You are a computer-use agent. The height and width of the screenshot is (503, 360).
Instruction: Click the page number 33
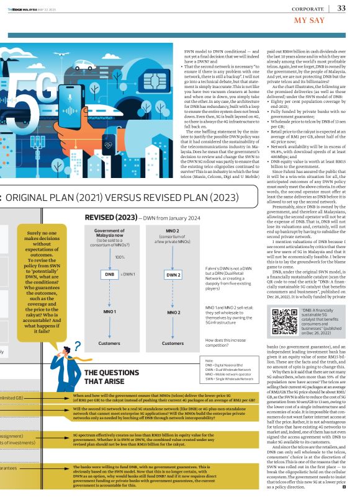point(341,8)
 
